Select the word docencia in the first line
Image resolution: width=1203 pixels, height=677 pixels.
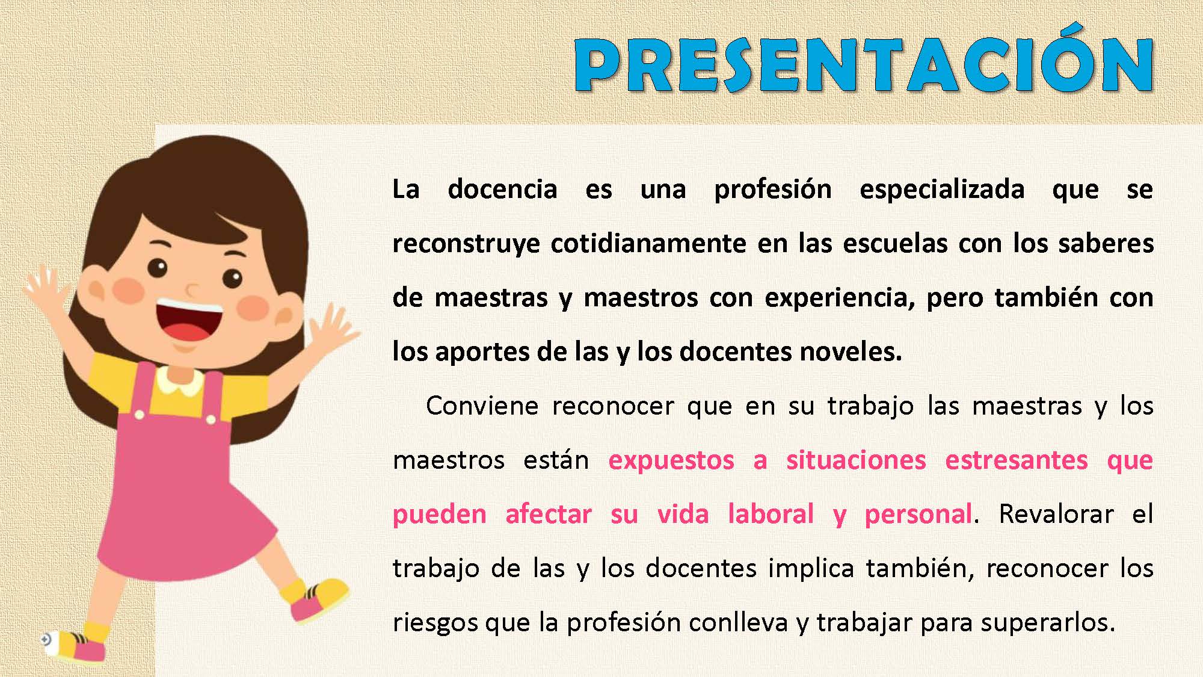tap(502, 189)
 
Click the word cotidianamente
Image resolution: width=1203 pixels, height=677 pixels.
tap(648, 243)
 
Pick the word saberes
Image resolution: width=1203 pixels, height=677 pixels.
tap(1106, 243)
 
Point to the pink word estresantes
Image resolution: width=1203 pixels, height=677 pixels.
tap(1017, 460)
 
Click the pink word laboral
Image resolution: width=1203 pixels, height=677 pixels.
tap(771, 514)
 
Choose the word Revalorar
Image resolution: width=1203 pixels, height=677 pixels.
tap(1056, 515)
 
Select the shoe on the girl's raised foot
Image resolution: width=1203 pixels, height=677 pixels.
tap(319, 598)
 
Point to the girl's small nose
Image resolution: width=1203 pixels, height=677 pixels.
tap(191, 292)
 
